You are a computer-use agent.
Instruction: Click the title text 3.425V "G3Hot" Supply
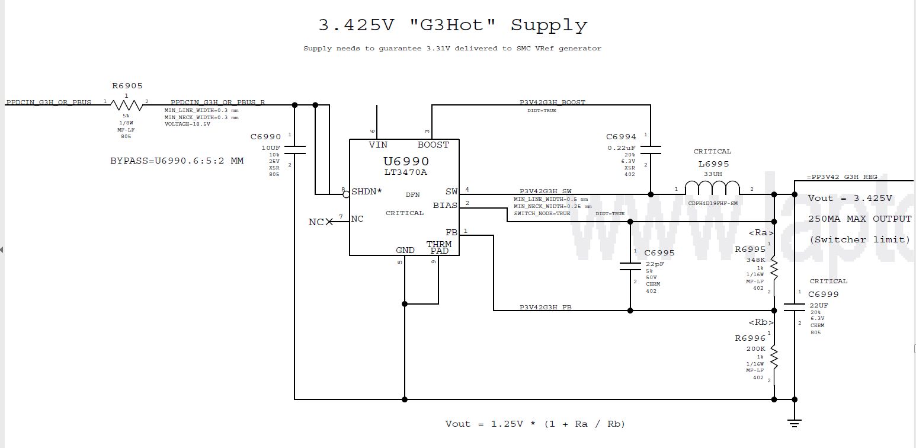pos(453,25)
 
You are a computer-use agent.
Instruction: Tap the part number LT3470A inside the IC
pos(405,172)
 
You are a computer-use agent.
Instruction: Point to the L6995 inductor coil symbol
pos(713,188)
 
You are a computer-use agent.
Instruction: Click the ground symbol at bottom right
pos(794,423)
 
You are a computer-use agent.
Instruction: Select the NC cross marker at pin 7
pos(329,222)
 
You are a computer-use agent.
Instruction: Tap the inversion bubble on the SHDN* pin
pos(346,194)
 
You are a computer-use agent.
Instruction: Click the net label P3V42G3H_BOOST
pos(552,103)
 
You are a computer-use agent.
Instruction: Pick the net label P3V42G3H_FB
pos(546,307)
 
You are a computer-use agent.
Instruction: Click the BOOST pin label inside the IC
pos(433,145)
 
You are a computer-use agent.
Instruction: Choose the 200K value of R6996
pos(755,349)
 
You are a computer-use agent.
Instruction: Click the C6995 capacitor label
pos(659,253)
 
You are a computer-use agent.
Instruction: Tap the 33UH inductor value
pos(713,174)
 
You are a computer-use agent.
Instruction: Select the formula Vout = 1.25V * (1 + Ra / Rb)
pos(535,424)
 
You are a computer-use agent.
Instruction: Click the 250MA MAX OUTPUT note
pos(860,219)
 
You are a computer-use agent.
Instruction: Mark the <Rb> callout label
pos(761,322)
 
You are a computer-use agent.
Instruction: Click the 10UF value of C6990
pos(270,148)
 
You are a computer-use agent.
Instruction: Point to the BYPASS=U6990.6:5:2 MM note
pos(177,161)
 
